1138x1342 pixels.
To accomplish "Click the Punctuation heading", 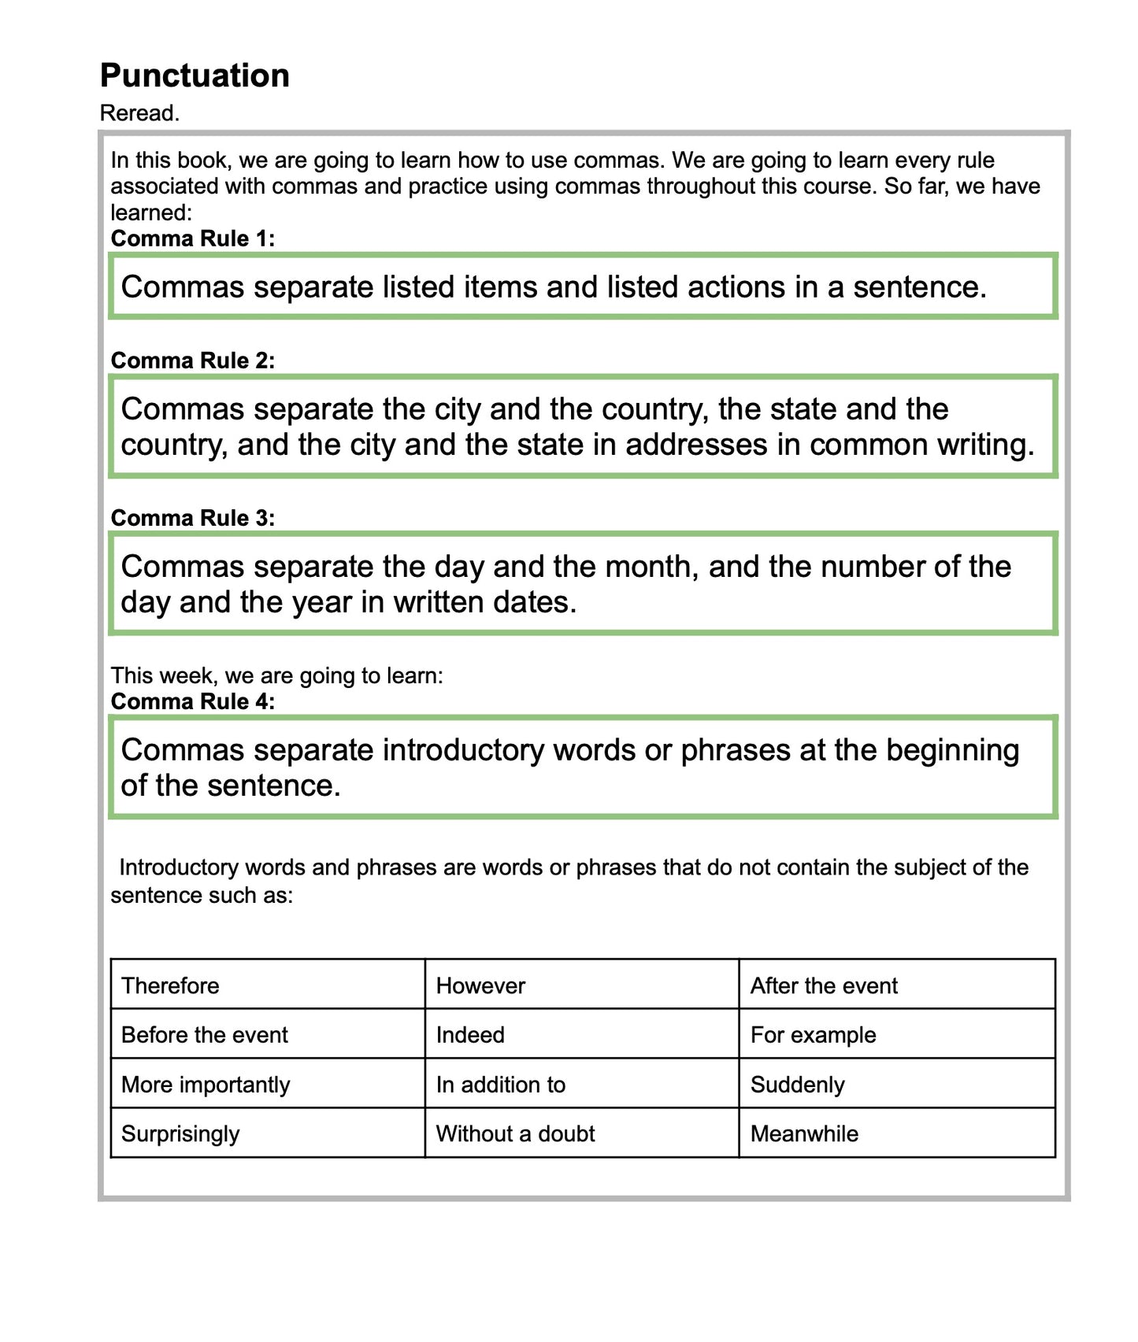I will pyautogui.click(x=195, y=76).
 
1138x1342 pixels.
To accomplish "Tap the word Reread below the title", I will pyautogui.click(x=139, y=113).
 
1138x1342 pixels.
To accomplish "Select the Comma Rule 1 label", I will pyautogui.click(x=193, y=238).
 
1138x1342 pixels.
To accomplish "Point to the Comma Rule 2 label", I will pyautogui.click(x=193, y=360).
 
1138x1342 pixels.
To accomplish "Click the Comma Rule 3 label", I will pyautogui.click(x=193, y=518).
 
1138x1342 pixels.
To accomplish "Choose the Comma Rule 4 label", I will pyautogui.click(x=193, y=701).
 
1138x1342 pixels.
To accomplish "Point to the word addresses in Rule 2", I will pyautogui.click(x=696, y=445).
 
